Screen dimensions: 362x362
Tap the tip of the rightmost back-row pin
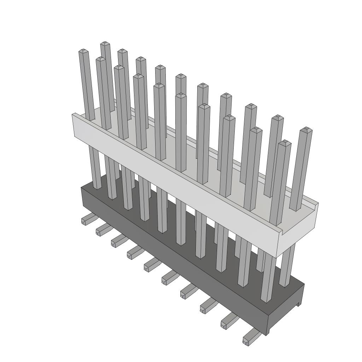point(306,130)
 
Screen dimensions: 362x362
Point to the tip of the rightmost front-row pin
point(285,143)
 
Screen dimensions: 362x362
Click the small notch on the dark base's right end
point(299,303)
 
